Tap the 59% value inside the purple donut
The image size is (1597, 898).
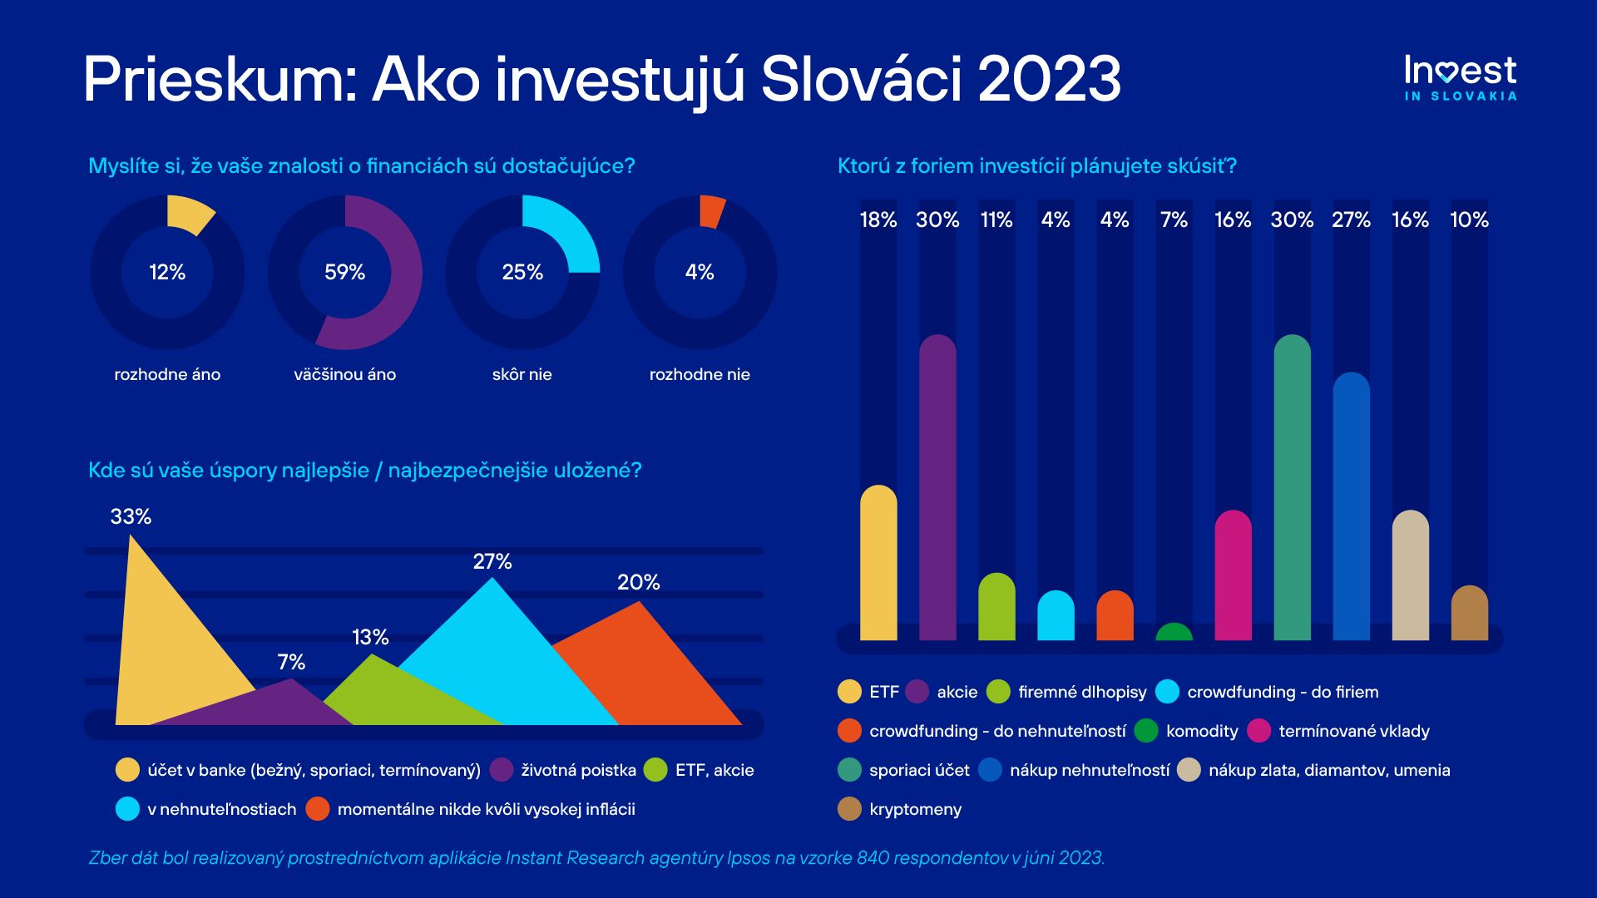[344, 273]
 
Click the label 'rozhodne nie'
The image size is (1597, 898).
[700, 375]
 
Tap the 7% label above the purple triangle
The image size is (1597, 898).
[291, 663]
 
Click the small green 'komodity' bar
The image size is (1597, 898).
[1174, 633]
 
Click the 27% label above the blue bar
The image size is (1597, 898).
[1351, 220]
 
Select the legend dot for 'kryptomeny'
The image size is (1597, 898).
[849, 809]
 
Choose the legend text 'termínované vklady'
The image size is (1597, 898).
[1353, 732]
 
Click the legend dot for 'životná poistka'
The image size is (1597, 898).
[502, 770]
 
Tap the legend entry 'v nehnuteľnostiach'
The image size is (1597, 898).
[221, 810]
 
